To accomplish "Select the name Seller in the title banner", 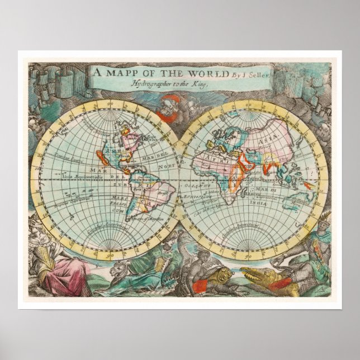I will tap(251, 74).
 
